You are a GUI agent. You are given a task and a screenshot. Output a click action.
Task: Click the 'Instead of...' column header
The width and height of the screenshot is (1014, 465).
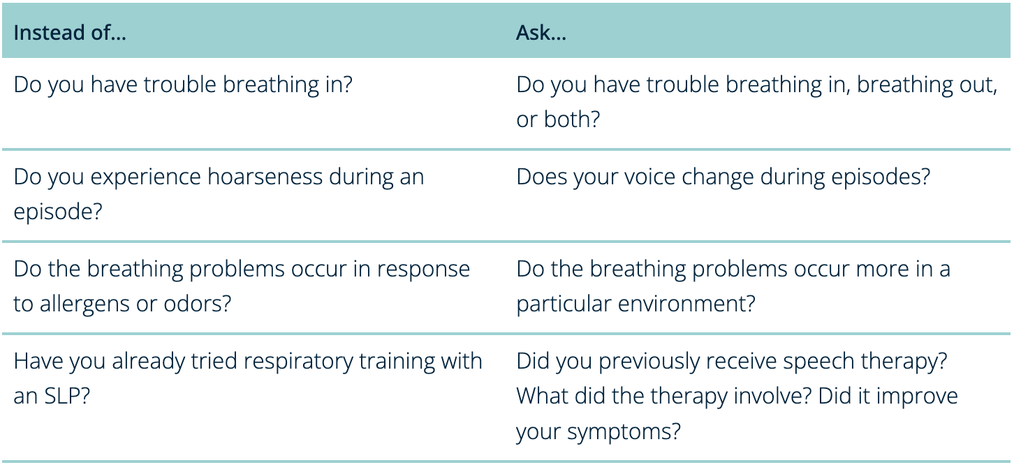pyautogui.click(x=70, y=33)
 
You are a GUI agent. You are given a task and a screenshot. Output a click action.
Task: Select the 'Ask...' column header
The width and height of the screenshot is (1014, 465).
pyautogui.click(x=541, y=33)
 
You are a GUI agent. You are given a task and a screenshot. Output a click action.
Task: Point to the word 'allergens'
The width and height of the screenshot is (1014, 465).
pyautogui.click(x=84, y=304)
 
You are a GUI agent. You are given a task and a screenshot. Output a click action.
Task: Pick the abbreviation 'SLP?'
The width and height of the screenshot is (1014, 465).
pyautogui.click(x=67, y=396)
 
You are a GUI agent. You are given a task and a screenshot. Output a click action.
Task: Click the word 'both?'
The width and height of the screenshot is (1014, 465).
pyautogui.click(x=572, y=119)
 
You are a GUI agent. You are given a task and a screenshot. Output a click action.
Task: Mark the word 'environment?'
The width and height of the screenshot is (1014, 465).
pyautogui.click(x=686, y=304)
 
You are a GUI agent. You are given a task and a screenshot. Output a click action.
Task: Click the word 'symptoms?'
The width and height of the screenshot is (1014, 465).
pyautogui.click(x=624, y=431)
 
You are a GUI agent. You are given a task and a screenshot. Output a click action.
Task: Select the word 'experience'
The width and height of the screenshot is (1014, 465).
pyautogui.click(x=145, y=177)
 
